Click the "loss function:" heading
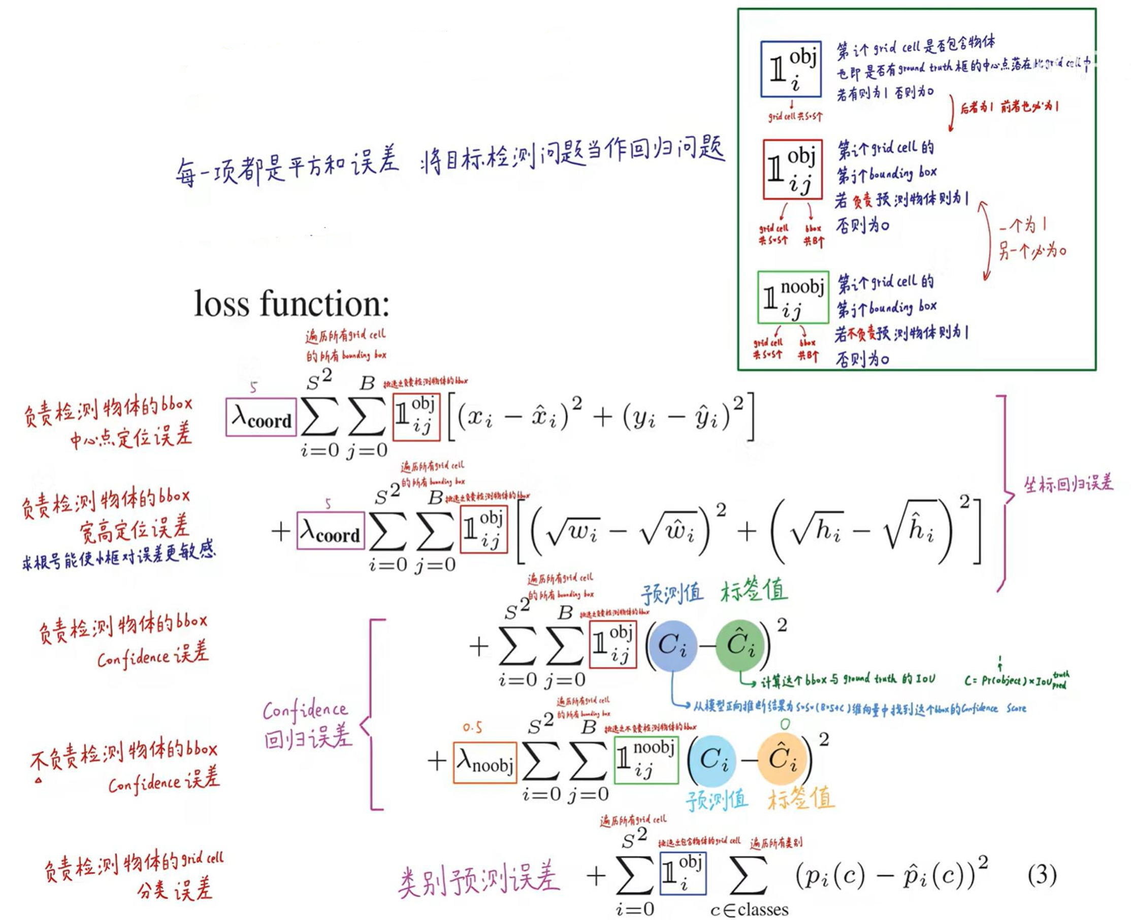click(x=292, y=304)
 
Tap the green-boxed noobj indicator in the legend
click(x=793, y=298)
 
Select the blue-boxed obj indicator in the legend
click(x=791, y=70)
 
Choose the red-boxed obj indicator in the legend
click(x=792, y=169)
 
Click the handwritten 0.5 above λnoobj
click(x=472, y=728)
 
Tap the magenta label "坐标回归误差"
click(x=1068, y=483)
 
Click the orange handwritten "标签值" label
click(x=801, y=798)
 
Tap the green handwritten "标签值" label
click(x=754, y=590)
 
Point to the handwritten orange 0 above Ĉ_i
click(x=785, y=724)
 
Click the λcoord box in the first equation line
click(x=261, y=417)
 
